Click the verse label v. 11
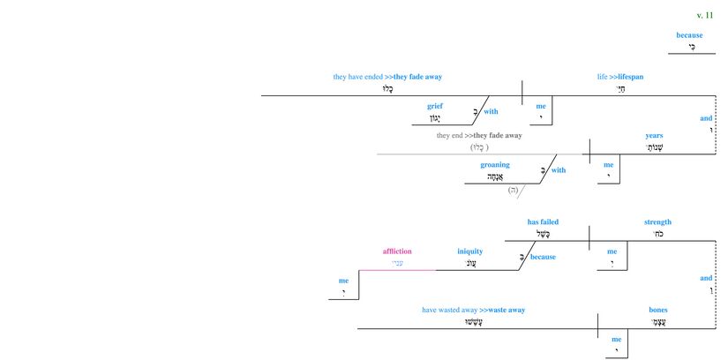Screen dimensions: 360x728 click(x=704, y=15)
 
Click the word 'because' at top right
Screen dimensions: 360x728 click(x=689, y=35)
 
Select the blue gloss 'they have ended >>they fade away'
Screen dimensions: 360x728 click(x=387, y=77)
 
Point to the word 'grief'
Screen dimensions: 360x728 click(x=434, y=106)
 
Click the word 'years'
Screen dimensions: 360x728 click(x=654, y=136)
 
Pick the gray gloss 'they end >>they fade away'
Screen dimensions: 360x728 click(x=479, y=135)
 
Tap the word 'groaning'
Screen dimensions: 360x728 click(x=495, y=164)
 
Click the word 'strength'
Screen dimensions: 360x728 click(x=657, y=221)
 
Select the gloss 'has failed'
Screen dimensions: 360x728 click(x=543, y=221)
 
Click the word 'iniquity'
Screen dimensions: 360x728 click(x=470, y=251)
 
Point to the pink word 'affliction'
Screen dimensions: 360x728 click(x=397, y=251)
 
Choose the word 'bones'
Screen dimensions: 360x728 click(x=658, y=310)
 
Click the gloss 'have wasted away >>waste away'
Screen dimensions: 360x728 click(x=473, y=310)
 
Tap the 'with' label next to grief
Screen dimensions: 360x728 click(x=491, y=112)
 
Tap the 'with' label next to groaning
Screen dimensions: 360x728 click(x=559, y=170)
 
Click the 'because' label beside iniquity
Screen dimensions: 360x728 click(x=544, y=258)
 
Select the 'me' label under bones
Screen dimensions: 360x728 click(x=617, y=339)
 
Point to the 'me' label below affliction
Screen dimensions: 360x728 click(x=343, y=281)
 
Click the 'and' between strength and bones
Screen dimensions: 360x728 click(x=706, y=278)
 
